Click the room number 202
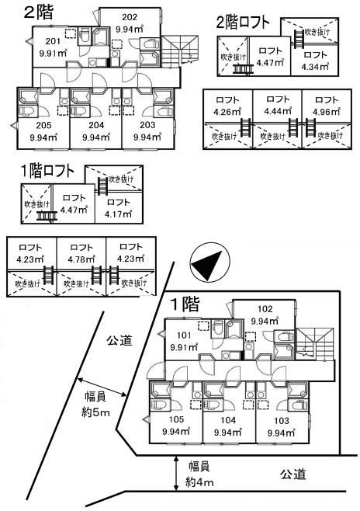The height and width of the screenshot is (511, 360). coord(130,17)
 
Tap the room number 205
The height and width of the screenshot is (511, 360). coord(43,126)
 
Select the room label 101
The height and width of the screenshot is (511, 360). coord(184,335)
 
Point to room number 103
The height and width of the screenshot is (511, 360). coord(281,421)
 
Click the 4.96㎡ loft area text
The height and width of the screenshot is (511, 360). coord(327,112)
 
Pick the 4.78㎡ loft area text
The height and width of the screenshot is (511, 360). coord(81,259)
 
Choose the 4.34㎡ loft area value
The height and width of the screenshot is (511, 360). coord(315,67)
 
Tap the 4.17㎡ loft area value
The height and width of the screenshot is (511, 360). coord(119,214)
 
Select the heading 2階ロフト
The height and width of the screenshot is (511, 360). coord(243,23)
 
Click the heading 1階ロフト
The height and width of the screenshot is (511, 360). coord(47,172)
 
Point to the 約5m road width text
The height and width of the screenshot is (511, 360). coord(95,413)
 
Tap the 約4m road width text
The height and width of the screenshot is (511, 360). coord(199,481)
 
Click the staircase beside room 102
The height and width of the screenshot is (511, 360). coord(316,344)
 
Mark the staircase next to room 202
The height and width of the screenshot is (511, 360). coord(180,50)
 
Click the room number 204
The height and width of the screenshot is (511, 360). coord(96,125)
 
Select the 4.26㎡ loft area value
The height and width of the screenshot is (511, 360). coord(227,112)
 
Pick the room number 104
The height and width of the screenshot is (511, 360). coord(228,420)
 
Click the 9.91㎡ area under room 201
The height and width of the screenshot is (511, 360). coord(53,53)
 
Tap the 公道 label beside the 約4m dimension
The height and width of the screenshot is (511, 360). coord(293,474)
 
